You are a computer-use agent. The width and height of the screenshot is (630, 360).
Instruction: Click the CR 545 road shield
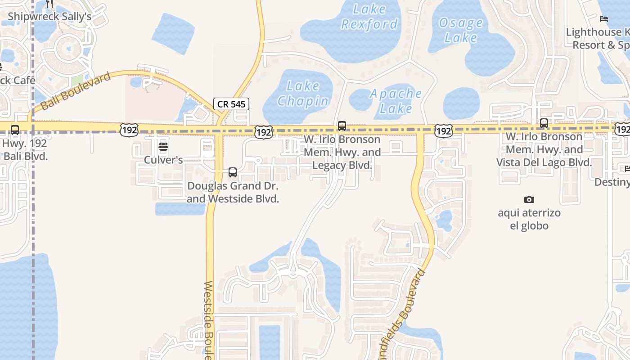231,104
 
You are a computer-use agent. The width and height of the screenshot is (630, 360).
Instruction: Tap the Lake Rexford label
369,16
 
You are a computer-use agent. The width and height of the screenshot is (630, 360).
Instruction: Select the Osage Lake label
460,30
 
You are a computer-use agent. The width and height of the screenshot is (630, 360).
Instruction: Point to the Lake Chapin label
303,93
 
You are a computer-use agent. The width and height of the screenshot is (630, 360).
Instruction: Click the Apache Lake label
396,101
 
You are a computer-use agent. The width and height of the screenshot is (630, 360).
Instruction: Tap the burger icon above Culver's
163,147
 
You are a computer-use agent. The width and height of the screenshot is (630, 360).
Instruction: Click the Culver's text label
163,160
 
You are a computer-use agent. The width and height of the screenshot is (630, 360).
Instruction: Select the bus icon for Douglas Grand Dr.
233,172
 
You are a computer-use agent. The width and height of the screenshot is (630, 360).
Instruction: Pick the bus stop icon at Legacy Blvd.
342,126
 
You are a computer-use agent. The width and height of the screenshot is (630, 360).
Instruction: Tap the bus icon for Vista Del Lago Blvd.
544,123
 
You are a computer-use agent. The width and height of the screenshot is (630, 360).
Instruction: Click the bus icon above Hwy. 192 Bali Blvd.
15,130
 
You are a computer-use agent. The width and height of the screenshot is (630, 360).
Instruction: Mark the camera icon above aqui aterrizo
529,199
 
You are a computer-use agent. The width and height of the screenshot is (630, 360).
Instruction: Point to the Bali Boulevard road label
76,91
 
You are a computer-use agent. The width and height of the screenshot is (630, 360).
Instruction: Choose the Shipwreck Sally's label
49,17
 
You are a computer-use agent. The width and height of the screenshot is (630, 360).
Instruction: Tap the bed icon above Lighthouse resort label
604,19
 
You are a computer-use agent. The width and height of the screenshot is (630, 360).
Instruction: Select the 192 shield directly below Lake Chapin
263,132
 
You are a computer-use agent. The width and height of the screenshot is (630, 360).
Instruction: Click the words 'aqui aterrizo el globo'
529,219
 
